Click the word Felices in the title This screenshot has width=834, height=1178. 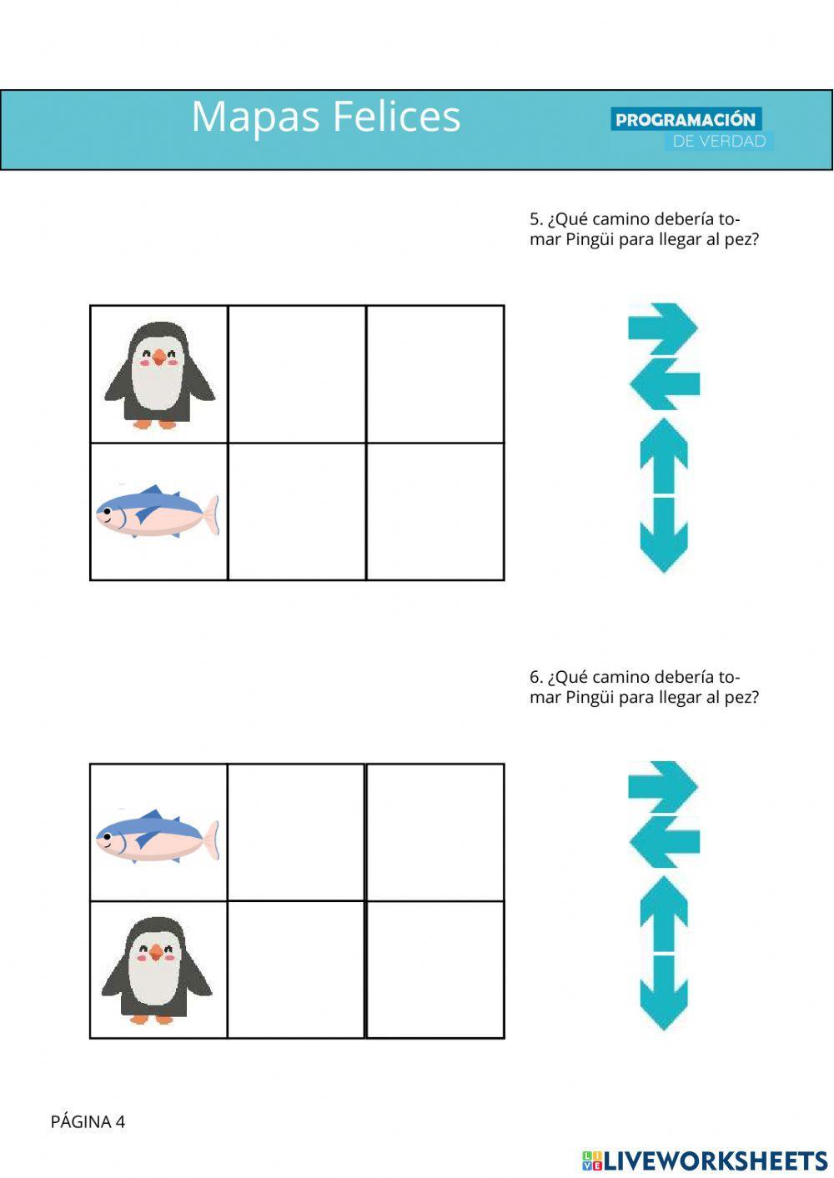[397, 116]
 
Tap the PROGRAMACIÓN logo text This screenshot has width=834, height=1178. [686, 119]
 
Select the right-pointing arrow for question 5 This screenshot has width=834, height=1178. [663, 328]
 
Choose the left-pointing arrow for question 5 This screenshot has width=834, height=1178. [664, 383]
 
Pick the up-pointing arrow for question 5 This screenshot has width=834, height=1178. [664, 456]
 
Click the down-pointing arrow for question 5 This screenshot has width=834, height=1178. [664, 534]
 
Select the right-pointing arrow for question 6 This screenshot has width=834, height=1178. [663, 787]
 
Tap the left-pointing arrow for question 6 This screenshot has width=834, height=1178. [664, 843]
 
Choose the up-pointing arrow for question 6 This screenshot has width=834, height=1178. [664, 914]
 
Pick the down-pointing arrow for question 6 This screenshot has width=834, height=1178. [664, 993]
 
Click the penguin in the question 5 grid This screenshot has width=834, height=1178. [159, 375]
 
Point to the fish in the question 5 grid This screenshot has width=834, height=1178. [157, 511]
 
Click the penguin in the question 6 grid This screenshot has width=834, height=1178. [156, 970]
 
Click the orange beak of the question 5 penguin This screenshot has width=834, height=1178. [159, 358]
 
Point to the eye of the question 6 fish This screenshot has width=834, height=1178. [107, 836]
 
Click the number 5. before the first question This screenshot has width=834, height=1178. [536, 218]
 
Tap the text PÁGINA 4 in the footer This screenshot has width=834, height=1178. [88, 1122]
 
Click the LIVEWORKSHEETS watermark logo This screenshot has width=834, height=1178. [705, 1160]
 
